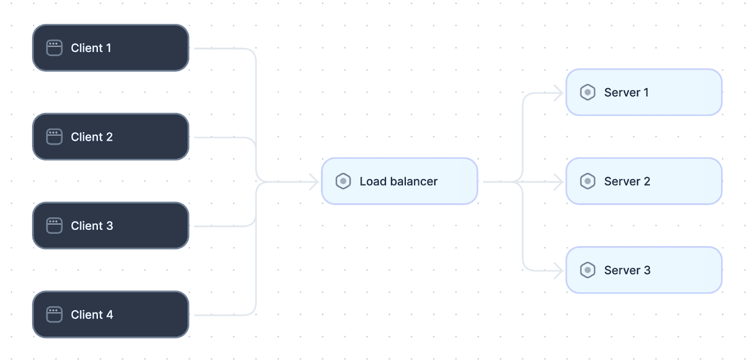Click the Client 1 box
110,48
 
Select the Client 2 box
110,137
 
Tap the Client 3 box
110,226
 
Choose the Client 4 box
110,314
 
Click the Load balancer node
400,181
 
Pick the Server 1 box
644,92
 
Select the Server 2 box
644,181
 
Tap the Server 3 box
644,270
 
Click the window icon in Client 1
54,48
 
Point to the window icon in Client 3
54,226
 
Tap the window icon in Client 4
54,314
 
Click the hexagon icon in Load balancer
344,181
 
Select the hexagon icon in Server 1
588,92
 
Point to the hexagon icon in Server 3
588,270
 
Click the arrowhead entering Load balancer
315,182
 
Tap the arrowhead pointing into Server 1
559,93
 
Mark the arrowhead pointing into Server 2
559,182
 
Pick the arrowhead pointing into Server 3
559,271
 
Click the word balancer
414,181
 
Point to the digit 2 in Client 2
109,137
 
